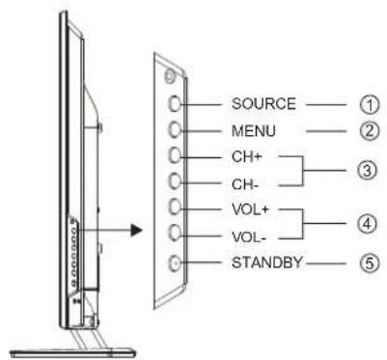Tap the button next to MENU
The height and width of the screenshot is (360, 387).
(174, 128)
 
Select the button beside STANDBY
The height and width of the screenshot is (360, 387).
(174, 260)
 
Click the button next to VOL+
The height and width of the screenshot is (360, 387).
(174, 207)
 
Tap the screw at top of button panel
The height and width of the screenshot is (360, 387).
(170, 74)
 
